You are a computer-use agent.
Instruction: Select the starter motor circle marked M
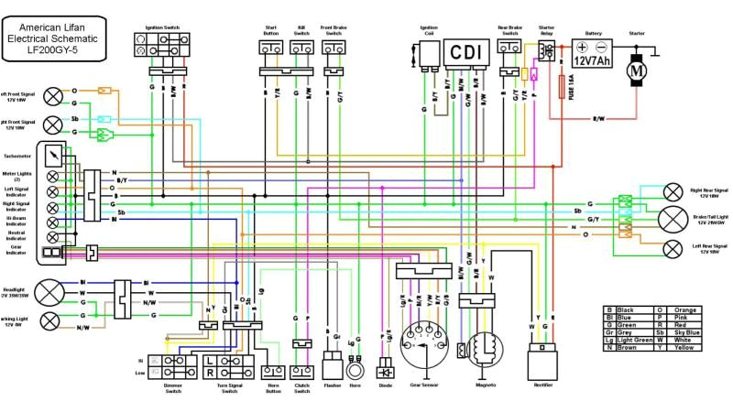point(635,68)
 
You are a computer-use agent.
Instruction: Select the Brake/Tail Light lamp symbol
point(673,219)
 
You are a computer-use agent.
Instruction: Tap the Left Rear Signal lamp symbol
point(674,247)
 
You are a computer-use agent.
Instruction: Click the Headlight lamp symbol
point(51,292)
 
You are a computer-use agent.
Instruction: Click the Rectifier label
point(543,385)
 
